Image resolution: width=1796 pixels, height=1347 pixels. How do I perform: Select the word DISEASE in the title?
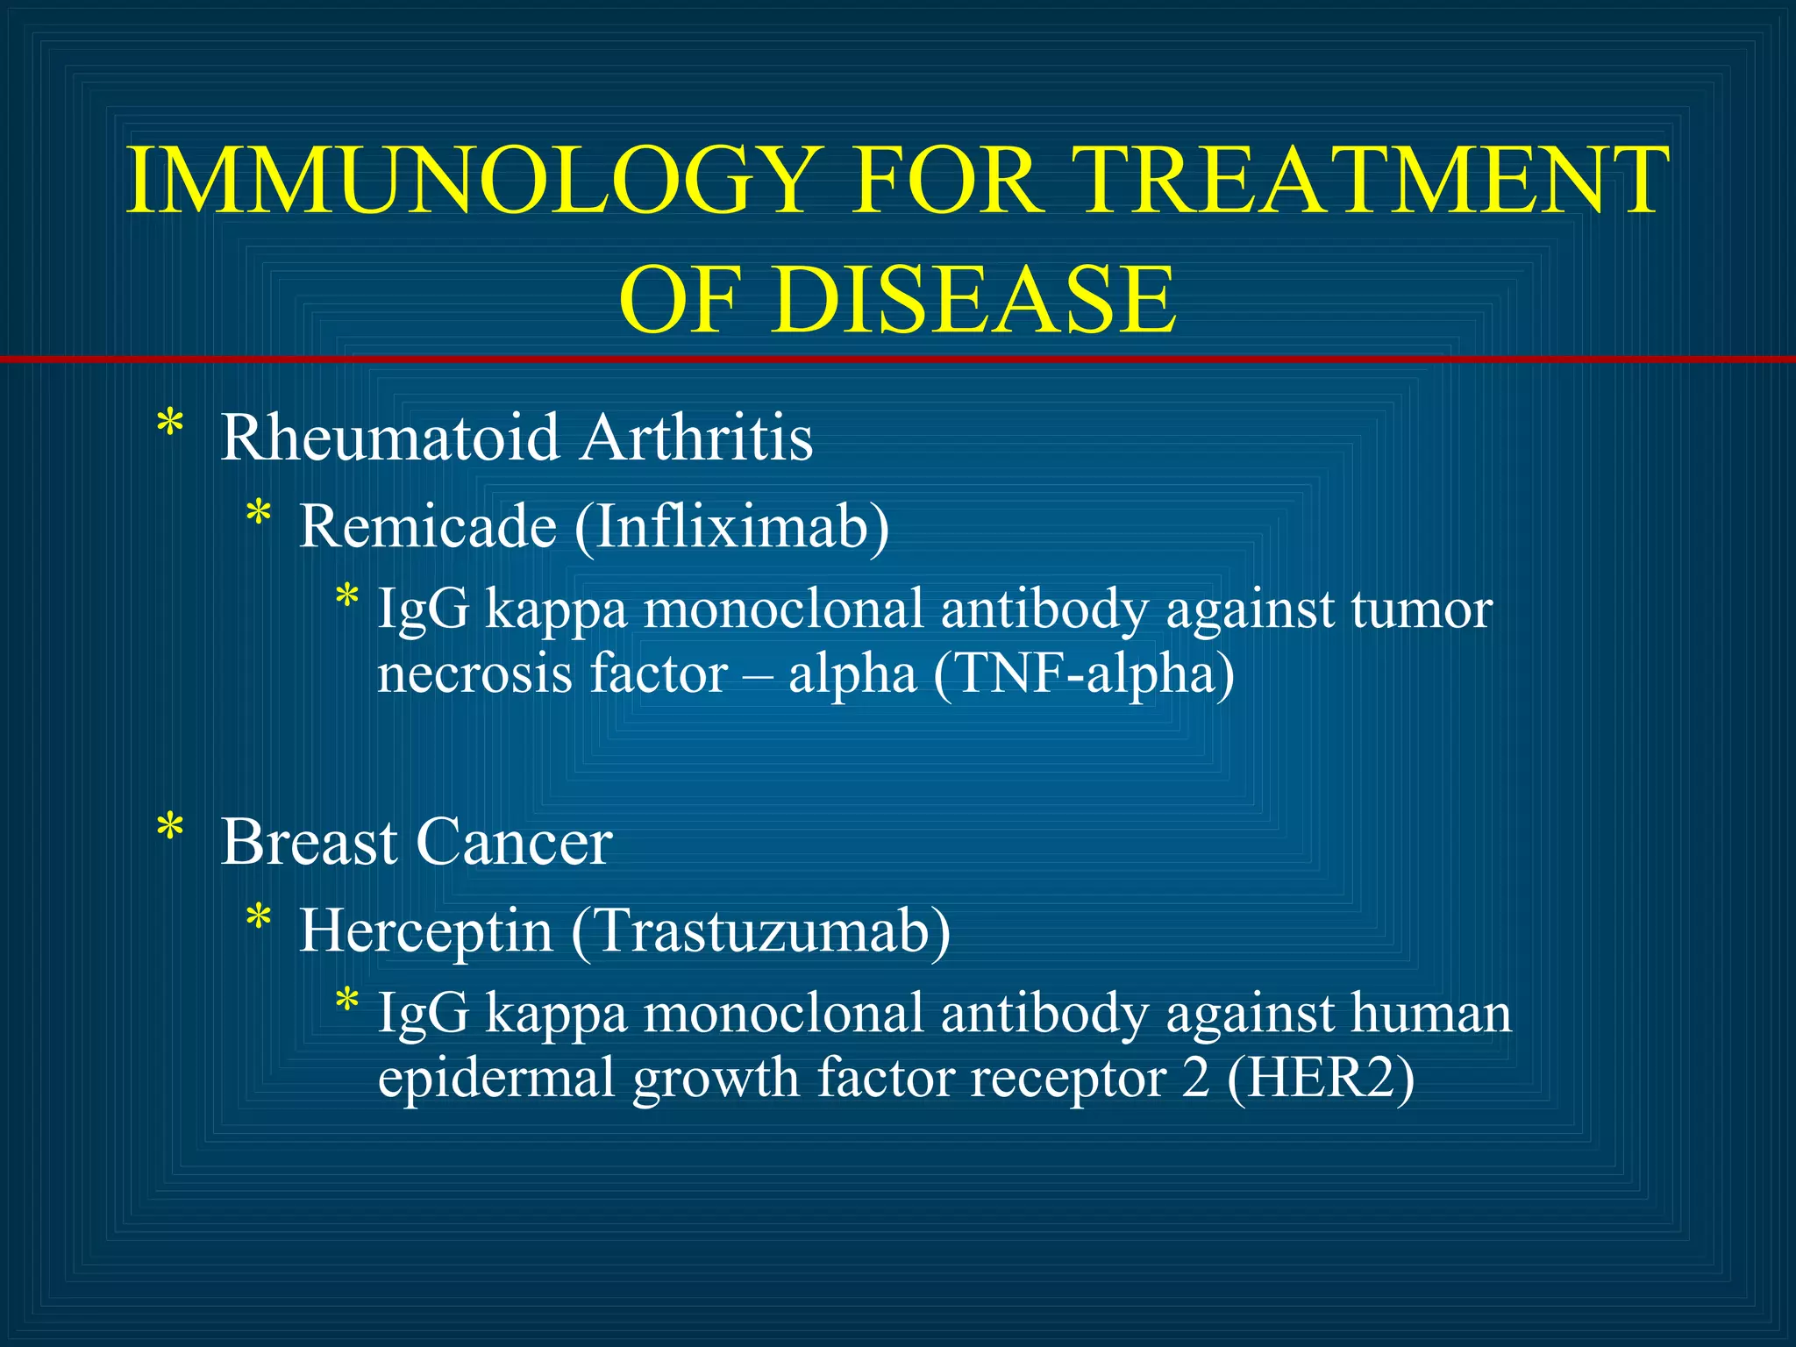coord(973,300)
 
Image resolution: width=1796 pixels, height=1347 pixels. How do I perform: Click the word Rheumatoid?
coord(389,437)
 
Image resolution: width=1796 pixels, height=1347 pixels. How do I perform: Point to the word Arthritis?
coord(697,437)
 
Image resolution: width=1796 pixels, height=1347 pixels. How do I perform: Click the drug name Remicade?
coord(428,526)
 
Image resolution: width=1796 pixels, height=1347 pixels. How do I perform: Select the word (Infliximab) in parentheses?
coord(732,526)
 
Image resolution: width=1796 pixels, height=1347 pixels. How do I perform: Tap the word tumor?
coord(1422,609)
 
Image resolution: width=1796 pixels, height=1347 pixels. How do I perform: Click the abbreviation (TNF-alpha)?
coord(1084,673)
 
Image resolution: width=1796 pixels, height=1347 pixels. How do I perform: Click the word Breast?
coord(309,842)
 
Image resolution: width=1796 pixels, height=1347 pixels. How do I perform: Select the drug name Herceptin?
coord(426,930)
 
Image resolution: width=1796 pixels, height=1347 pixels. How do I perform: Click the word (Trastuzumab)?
coord(760,930)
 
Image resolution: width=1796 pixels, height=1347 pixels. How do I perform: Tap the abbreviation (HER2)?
coord(1321,1078)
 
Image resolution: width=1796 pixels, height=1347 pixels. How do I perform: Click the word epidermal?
coord(495,1080)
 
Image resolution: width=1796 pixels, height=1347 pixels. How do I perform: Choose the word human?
coord(1431,1013)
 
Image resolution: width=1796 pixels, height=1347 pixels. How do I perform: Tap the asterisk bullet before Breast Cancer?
coord(170,830)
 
